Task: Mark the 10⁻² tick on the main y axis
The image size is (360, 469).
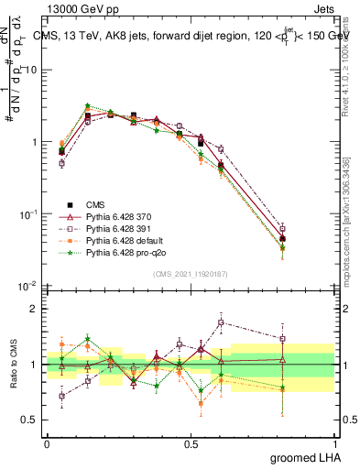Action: click(30, 286)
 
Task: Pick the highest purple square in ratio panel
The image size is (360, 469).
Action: click(221, 322)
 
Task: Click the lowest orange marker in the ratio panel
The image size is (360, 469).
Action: click(201, 403)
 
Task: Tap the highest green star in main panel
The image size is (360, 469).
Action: click(87, 106)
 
